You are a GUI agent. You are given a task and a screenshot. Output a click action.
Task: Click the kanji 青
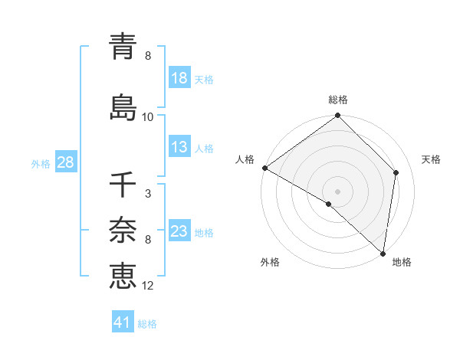tap(123, 45)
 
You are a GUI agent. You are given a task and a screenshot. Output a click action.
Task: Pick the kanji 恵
tap(123, 274)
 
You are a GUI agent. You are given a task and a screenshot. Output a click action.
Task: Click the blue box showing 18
tap(179, 79)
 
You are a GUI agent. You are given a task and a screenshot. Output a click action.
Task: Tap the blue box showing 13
tap(179, 148)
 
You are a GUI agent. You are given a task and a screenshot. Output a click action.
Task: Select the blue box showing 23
tap(179, 232)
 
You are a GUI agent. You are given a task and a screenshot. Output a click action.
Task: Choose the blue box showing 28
tap(65, 163)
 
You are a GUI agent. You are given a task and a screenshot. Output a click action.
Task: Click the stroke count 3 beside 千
tap(147, 194)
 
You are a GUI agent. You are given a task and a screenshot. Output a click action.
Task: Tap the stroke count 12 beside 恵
tap(148, 286)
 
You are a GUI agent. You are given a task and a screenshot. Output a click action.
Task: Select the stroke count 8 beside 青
tap(147, 56)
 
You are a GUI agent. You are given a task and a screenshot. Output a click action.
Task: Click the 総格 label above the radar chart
tap(338, 100)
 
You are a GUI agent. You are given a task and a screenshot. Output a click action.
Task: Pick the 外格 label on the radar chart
tap(270, 263)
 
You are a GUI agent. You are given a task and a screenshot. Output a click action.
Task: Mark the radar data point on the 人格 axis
tap(264, 168)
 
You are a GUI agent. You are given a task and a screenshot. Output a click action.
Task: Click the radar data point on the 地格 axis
tap(383, 253)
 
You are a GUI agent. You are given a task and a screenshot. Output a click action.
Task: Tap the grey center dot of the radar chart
tap(338, 191)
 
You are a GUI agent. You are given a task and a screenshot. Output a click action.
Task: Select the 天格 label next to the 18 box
tap(203, 80)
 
